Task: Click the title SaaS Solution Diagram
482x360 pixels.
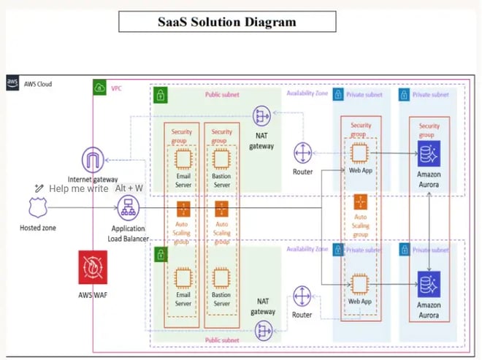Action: [227, 21]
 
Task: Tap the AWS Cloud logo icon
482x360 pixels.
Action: [12, 83]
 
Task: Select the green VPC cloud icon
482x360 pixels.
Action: [99, 88]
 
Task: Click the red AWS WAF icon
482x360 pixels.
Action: [93, 268]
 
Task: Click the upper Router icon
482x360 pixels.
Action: [302, 153]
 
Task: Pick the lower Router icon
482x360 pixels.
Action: [302, 296]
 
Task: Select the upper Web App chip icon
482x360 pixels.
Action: [358, 153]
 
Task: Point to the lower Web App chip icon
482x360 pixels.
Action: [358, 283]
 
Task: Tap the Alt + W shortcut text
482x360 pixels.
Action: [129, 188]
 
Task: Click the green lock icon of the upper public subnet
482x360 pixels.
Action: [160, 95]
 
